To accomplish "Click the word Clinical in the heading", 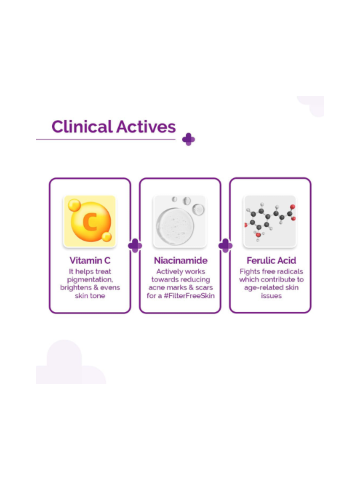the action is point(82,127).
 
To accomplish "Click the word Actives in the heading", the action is point(146,127).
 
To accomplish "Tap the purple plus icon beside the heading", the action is point(189,139).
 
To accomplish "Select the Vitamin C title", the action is point(90,261).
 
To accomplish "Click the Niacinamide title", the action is point(181,261).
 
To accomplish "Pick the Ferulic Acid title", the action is point(271,261).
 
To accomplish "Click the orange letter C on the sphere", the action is point(90,221).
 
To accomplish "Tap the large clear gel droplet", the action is point(175,227).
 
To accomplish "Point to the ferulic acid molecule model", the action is point(270,221).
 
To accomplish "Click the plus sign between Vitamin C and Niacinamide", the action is point(135,245).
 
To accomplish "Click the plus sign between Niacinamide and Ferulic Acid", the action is point(225,245).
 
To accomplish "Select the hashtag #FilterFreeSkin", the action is point(189,296).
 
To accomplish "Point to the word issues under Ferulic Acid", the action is point(271,296).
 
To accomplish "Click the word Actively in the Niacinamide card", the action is point(168,272).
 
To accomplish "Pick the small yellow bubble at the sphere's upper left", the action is point(74,205).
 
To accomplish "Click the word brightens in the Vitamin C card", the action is point(76,288).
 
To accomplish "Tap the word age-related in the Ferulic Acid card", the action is point(260,288).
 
